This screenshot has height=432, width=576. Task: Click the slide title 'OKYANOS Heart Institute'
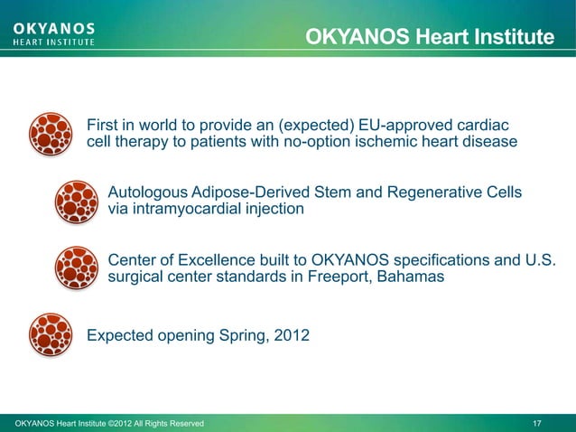click(x=429, y=37)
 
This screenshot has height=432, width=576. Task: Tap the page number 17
click(x=537, y=423)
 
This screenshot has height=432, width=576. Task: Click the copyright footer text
click(x=105, y=423)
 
